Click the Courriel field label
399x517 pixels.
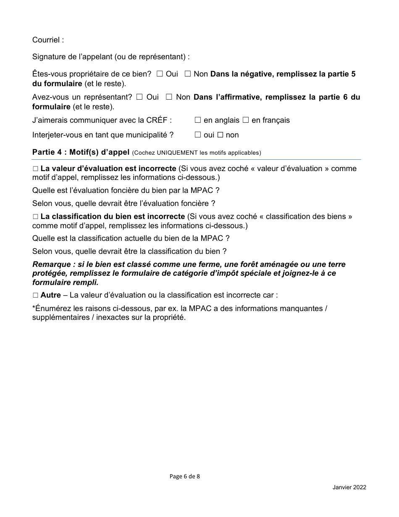(x=48, y=40)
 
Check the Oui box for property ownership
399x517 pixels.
(x=160, y=74)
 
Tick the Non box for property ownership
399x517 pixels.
(x=188, y=74)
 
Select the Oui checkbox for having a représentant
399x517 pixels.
(x=139, y=97)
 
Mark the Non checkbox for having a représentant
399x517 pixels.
(x=169, y=97)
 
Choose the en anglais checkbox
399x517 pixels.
(x=198, y=120)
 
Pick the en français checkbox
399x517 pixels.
(x=246, y=120)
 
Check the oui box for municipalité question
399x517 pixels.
(x=198, y=135)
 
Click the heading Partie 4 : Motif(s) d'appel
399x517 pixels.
(x=81, y=152)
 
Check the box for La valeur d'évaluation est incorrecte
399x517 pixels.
(x=35, y=169)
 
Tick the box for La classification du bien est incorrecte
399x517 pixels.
(x=35, y=216)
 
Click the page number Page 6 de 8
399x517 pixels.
(x=185, y=476)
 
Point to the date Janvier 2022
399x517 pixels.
(x=349, y=487)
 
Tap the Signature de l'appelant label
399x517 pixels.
(x=111, y=56)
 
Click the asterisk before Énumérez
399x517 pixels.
(x=34, y=308)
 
